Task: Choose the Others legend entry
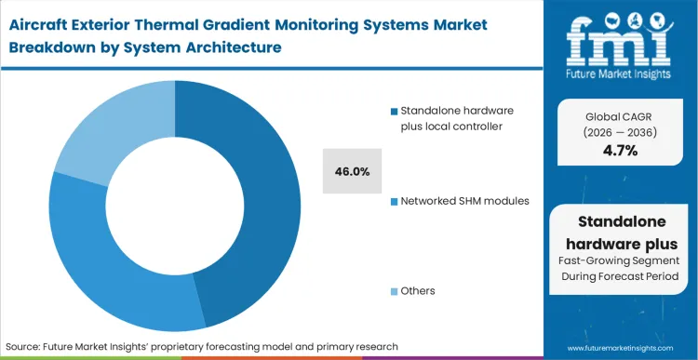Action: pyautogui.click(x=417, y=291)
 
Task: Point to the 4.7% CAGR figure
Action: pyautogui.click(x=620, y=151)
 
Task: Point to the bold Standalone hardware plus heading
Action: pyautogui.click(x=620, y=231)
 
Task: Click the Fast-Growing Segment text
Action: pyautogui.click(x=620, y=261)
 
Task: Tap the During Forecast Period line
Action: pyautogui.click(x=620, y=278)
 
